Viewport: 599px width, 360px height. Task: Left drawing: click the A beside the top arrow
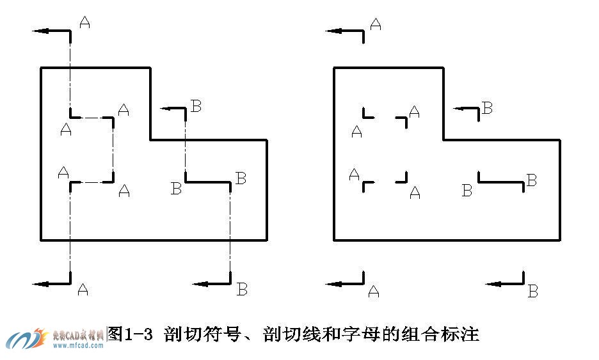(x=84, y=22)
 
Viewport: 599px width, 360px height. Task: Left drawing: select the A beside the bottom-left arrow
(x=83, y=290)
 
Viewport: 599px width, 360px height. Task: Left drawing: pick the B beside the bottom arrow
(x=242, y=289)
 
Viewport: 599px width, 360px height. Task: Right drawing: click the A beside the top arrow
(x=376, y=24)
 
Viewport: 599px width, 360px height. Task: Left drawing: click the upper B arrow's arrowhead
(x=164, y=109)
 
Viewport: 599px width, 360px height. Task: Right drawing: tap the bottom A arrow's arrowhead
(x=331, y=283)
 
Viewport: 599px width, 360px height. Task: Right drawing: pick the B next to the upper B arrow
(x=487, y=108)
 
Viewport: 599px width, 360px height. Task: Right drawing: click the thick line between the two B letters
(x=501, y=182)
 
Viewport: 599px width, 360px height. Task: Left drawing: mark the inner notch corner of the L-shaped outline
(x=151, y=139)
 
